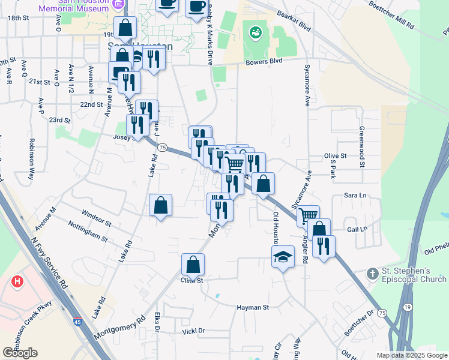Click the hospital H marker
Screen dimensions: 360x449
[x=17, y=281]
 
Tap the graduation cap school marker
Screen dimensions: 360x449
[x=283, y=257]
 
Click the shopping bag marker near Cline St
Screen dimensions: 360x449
[x=193, y=264]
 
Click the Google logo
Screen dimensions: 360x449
[x=20, y=353]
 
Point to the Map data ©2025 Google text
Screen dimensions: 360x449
[x=412, y=355]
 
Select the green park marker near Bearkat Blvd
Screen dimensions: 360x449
[x=256, y=31]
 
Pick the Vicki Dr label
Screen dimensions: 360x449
[x=194, y=331]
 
